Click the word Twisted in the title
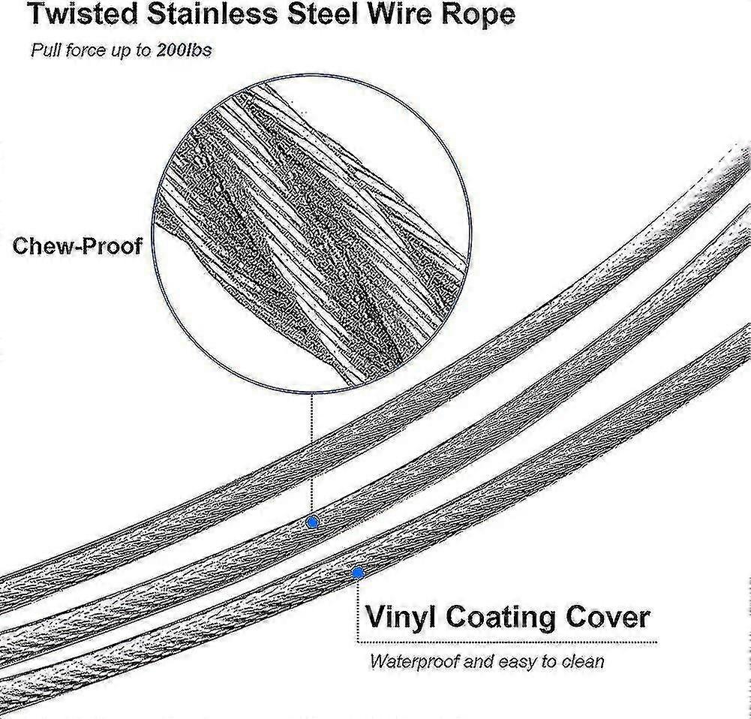(83, 14)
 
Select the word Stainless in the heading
(212, 14)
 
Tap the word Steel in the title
(324, 14)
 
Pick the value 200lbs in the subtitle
(184, 50)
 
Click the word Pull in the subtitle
(46, 50)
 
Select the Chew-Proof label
(77, 245)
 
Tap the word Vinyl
(401, 618)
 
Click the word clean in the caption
(583, 661)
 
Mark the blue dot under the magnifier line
(312, 522)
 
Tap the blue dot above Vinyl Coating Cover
(357, 573)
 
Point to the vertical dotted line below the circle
(312, 454)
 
